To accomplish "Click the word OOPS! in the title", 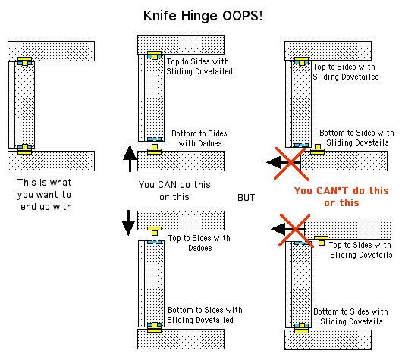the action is (x=242, y=16).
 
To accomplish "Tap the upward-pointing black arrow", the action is (x=130, y=158).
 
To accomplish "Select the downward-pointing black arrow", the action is (x=128, y=223).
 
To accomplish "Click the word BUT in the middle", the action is (x=246, y=198).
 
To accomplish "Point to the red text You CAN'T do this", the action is (x=341, y=191).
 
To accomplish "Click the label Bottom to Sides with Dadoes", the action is (x=199, y=139).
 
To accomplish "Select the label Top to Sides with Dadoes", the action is (x=199, y=243).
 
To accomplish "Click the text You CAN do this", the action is (x=174, y=185).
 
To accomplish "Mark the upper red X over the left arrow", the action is (x=291, y=164).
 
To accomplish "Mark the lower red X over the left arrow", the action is (x=296, y=230).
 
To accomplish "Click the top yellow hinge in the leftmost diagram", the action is (x=24, y=61).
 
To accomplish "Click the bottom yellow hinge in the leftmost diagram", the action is (x=24, y=149).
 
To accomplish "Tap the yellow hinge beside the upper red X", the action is (x=317, y=149).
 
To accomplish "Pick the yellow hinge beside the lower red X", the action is (x=322, y=241).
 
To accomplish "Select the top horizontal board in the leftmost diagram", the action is (x=52, y=51).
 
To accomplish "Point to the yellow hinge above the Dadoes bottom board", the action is (x=154, y=149).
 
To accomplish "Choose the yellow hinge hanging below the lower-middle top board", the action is (x=154, y=231).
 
